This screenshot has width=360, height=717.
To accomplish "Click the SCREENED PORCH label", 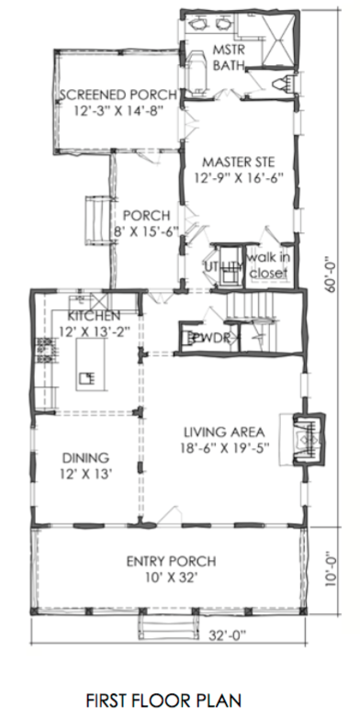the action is [x=118, y=95].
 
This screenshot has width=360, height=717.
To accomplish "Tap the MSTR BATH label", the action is [x=229, y=58].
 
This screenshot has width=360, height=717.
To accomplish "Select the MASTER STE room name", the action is [x=239, y=162].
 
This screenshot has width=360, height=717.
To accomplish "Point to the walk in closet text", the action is [x=268, y=265].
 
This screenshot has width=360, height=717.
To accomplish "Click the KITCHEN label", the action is [x=94, y=316].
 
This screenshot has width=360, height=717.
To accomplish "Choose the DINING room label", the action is [x=86, y=457].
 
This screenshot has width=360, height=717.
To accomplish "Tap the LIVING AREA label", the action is [x=224, y=431].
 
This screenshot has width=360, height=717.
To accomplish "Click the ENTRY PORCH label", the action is [x=171, y=561].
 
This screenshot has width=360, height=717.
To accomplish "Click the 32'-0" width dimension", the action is [x=228, y=635].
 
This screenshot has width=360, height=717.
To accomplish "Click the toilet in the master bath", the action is [x=283, y=84].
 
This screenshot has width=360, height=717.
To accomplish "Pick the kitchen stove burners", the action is [x=45, y=351].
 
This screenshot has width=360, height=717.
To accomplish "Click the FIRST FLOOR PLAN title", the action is [x=163, y=700].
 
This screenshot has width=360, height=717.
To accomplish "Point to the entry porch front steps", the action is [x=167, y=625].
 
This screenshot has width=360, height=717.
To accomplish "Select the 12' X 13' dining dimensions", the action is [x=86, y=475].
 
